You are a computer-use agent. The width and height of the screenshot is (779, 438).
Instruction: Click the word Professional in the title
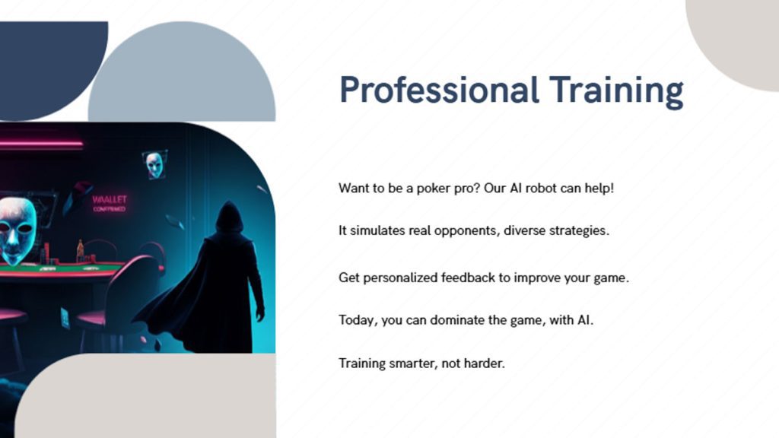(x=439, y=90)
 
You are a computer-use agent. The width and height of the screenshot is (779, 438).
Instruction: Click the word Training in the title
(x=616, y=91)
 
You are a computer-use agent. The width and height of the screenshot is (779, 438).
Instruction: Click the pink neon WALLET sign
(x=110, y=203)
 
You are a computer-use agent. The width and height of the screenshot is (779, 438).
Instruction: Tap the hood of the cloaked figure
(x=229, y=216)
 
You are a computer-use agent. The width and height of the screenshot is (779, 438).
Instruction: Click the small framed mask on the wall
(x=155, y=164)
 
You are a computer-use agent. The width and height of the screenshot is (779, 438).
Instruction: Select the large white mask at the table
(x=18, y=230)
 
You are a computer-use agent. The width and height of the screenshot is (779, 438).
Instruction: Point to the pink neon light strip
(x=41, y=145)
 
